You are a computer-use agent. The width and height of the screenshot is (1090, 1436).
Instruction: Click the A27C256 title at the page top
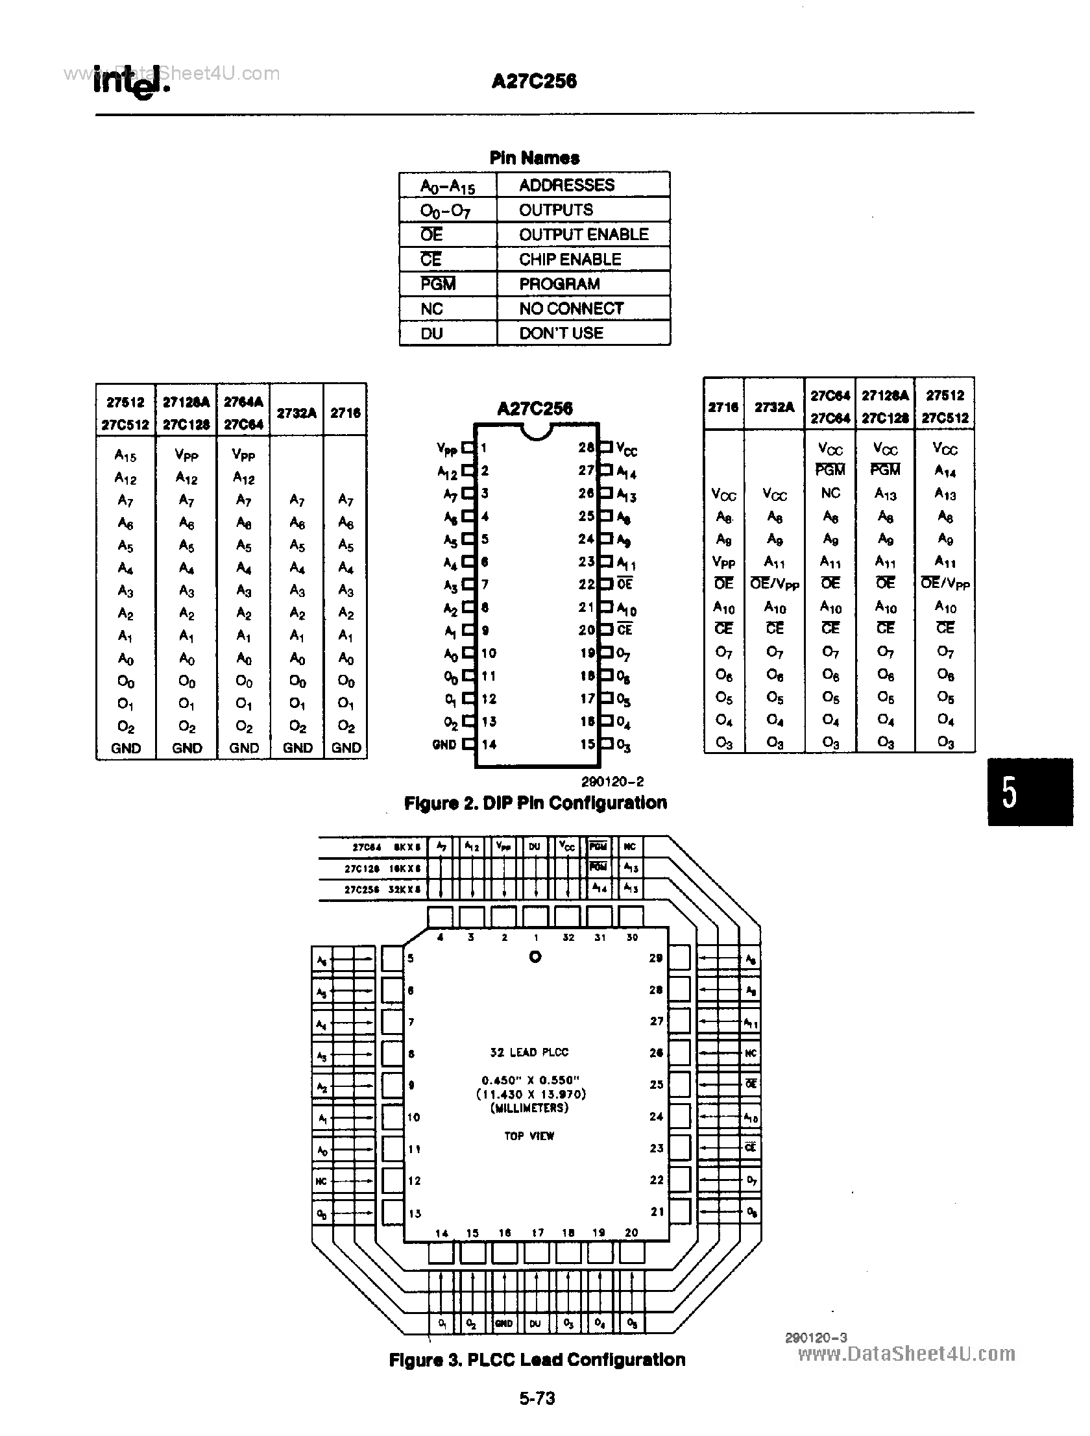tap(533, 81)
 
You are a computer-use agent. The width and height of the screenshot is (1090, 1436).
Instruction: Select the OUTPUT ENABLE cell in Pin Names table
tap(583, 234)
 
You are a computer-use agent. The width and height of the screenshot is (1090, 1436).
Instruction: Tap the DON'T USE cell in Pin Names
tap(561, 333)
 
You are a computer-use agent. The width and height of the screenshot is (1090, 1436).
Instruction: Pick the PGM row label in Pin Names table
tap(438, 284)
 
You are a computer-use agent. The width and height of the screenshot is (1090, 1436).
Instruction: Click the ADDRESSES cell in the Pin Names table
tap(566, 185)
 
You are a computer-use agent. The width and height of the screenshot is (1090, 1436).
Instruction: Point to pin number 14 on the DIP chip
tap(489, 745)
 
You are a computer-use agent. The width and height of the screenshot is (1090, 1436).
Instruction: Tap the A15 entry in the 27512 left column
tap(125, 456)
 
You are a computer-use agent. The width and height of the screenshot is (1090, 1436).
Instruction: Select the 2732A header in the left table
tap(296, 413)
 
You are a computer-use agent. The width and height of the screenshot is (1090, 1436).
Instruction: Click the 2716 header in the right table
tap(723, 407)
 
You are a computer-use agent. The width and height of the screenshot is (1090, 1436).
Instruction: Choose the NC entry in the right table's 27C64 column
tap(830, 493)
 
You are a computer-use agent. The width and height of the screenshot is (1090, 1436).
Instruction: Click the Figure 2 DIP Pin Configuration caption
tap(535, 803)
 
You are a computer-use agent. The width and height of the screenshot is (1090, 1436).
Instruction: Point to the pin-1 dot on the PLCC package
tap(535, 956)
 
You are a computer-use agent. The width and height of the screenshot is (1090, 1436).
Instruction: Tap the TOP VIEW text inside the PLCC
tap(529, 1136)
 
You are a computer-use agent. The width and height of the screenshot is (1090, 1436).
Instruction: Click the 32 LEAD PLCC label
tap(529, 1052)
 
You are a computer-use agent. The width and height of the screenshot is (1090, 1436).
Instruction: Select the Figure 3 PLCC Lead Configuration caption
tap(537, 1359)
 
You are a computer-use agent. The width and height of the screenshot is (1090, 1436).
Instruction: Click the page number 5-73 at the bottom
tap(537, 1398)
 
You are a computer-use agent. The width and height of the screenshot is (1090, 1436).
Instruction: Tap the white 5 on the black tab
tap(1009, 793)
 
